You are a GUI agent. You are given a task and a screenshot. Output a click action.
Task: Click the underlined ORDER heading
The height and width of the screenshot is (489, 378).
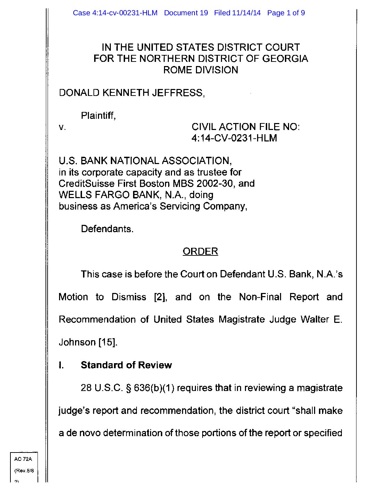200,251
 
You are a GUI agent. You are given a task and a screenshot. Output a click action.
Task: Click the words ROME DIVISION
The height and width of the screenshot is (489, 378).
200,70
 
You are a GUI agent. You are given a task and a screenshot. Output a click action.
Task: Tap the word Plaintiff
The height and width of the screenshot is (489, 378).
98,115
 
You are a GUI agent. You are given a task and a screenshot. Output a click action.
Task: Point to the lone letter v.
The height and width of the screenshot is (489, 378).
62,127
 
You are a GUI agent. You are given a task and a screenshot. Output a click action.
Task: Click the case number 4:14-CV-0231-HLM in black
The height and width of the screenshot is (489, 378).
234,138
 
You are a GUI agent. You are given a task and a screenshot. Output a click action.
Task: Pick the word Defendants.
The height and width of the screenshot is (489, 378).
107,229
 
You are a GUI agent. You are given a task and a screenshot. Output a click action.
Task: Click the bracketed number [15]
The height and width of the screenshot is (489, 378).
108,342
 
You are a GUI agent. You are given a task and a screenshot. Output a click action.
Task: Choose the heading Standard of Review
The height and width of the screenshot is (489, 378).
126,365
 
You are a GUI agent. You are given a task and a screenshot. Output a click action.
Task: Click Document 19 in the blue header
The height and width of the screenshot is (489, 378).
186,13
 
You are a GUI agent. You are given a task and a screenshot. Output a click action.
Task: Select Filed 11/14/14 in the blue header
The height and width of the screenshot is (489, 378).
237,13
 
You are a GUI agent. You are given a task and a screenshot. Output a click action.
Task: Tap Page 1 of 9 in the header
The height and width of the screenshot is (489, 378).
286,13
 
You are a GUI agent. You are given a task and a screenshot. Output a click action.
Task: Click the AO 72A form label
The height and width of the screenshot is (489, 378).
23,459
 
